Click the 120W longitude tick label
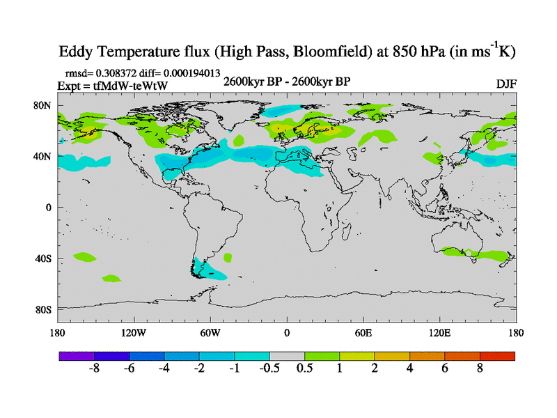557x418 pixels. (133, 332)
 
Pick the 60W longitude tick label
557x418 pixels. (210, 332)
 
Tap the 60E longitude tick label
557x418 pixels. (363, 332)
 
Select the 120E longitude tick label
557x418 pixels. (440, 332)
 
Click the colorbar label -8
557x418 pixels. (95, 369)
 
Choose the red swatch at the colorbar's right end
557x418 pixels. (497, 356)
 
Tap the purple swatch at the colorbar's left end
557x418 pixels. (77, 356)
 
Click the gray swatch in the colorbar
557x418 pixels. (287, 356)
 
